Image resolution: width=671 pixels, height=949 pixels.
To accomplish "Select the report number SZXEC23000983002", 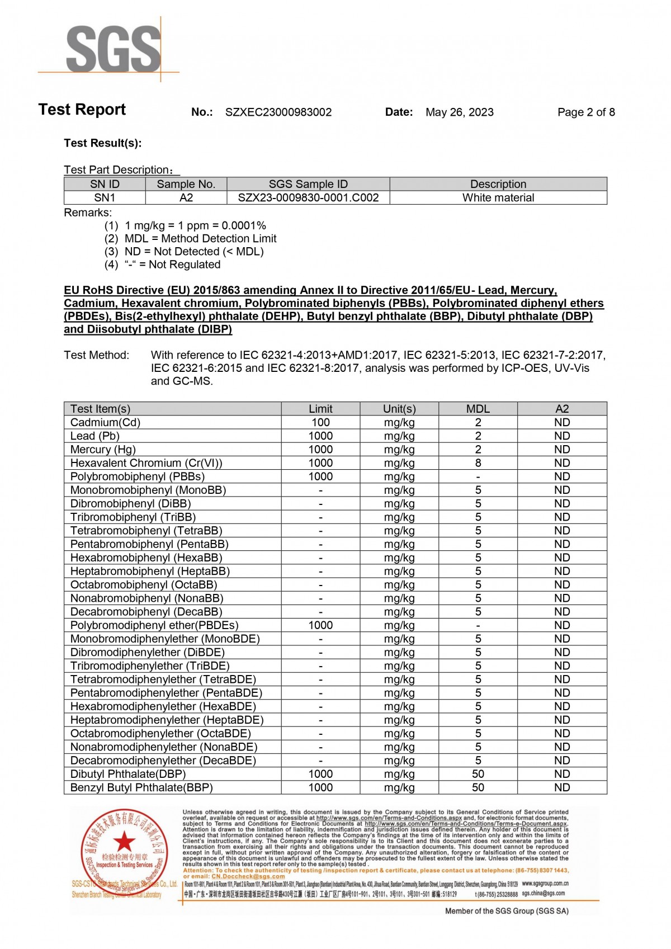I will coord(278,112).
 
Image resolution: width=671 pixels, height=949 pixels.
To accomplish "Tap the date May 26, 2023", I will coord(459,112).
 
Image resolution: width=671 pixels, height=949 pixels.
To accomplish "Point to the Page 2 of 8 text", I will coord(585,112).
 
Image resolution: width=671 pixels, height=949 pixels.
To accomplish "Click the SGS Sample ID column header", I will coord(308,184).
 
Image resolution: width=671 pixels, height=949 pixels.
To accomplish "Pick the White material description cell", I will coord(498,197).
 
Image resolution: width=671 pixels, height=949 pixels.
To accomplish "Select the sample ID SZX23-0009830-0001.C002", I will coord(308,197).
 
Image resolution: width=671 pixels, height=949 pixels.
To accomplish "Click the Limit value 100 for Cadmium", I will coord(320,423).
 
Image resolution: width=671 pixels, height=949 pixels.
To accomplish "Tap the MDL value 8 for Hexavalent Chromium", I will coord(478,463).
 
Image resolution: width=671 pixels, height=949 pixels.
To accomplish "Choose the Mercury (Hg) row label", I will coord(103,450).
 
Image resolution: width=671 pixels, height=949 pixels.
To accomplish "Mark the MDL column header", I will coord(478,409).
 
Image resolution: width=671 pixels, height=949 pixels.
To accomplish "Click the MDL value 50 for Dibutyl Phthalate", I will coord(478,774).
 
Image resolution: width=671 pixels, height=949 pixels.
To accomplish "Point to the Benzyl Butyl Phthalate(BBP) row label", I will coord(141,787).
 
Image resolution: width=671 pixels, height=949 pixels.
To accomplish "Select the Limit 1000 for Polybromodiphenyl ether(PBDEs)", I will coord(320,625).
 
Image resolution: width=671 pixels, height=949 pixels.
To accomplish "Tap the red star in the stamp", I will coord(124,841).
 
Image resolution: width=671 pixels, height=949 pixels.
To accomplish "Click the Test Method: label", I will coord(96,355).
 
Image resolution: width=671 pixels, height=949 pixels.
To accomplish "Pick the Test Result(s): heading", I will coord(103,143).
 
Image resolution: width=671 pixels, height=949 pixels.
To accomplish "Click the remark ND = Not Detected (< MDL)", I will coord(193,252).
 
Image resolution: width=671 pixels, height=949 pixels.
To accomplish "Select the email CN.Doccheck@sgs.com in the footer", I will coord(248,876).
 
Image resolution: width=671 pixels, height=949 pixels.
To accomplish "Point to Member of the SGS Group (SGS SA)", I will coord(507,911).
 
